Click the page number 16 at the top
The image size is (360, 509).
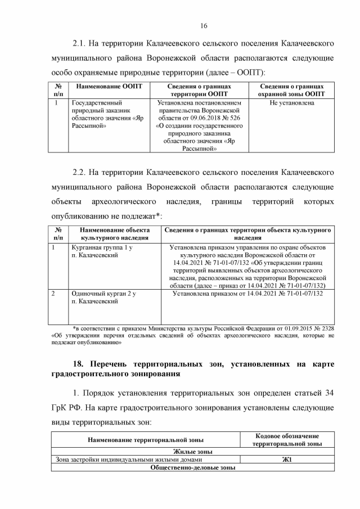click(204, 25)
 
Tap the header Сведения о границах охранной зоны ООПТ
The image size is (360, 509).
click(292, 91)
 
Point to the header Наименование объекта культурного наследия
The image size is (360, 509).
click(114, 234)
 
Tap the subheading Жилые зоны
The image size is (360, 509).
click(192, 451)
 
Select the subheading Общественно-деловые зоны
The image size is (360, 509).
click(192, 467)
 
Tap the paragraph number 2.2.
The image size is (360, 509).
click(82, 172)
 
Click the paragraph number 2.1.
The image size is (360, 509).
click(82, 43)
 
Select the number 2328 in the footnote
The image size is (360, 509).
click(326, 328)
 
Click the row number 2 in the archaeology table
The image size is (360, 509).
click(53, 294)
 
